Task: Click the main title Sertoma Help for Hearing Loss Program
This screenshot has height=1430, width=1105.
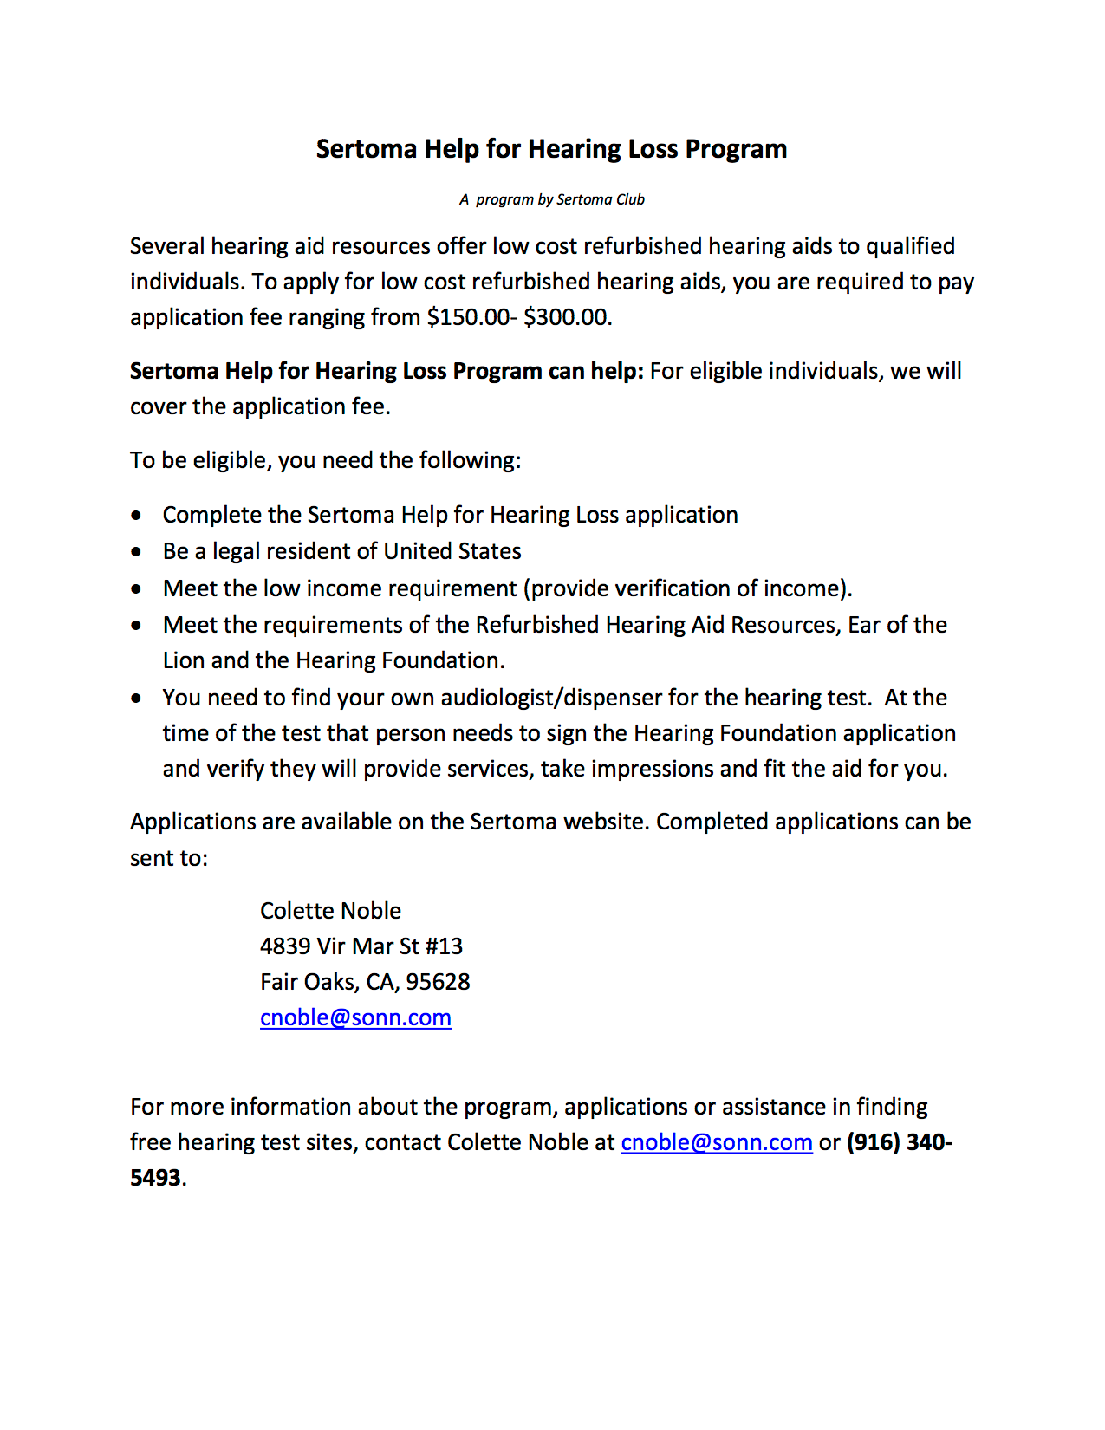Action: tap(551, 149)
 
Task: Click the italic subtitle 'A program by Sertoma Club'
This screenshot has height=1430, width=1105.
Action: tap(552, 199)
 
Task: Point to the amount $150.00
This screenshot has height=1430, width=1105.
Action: tap(468, 317)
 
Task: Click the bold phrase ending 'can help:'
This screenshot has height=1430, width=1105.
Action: tap(387, 371)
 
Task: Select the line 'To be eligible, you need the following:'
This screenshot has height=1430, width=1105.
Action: tap(326, 460)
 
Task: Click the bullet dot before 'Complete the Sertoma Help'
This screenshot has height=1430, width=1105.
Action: tap(136, 516)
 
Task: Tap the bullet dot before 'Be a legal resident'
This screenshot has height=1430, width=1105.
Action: tap(136, 552)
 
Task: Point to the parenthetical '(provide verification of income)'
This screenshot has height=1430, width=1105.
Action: tap(687, 588)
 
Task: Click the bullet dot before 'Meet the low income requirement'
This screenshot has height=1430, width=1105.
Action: tap(136, 589)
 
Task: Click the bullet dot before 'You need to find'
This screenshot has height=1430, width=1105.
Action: tap(136, 699)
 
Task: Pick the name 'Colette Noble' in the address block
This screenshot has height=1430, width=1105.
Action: tap(330, 911)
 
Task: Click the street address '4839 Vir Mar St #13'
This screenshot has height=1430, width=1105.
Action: tap(361, 946)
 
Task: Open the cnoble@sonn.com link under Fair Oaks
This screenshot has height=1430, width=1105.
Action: tap(355, 1017)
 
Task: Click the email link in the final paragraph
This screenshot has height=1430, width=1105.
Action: tap(717, 1142)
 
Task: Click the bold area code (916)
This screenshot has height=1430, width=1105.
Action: tap(874, 1142)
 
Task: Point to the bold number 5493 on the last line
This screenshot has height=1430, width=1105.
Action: tap(155, 1178)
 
